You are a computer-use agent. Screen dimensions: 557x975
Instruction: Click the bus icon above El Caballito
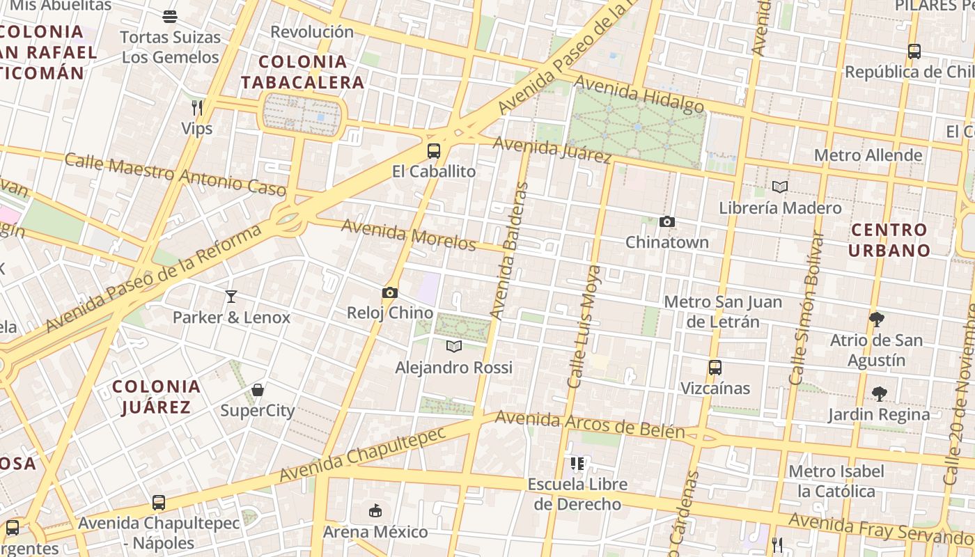tap(434, 150)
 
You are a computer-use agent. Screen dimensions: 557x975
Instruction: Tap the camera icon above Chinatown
tap(667, 222)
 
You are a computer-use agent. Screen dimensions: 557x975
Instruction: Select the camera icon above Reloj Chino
tap(389, 293)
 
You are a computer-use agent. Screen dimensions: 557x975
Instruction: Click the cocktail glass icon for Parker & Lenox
tap(231, 297)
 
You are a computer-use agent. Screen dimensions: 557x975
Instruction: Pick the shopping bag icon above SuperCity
tap(258, 390)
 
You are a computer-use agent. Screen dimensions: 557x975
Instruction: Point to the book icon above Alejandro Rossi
tap(454, 346)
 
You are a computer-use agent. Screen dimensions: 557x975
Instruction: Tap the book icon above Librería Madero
tap(780, 187)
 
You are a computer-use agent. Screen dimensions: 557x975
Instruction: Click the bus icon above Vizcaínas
tap(715, 368)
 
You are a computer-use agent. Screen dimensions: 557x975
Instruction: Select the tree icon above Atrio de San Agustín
tap(877, 320)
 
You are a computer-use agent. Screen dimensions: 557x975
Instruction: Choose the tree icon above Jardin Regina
tap(880, 393)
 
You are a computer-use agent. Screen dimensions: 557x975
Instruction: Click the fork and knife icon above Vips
tap(197, 107)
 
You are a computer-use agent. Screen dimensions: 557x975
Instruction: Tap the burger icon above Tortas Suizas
tap(171, 16)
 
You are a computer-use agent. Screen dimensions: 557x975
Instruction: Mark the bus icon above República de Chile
tap(914, 51)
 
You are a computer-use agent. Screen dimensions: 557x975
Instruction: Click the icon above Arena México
tap(375, 511)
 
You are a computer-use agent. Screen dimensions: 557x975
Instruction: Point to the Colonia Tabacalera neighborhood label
tap(303, 72)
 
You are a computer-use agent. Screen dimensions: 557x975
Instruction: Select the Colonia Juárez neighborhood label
tap(156, 396)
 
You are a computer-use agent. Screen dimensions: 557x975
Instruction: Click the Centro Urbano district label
tap(889, 240)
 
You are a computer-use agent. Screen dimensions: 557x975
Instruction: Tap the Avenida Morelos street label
tap(409, 235)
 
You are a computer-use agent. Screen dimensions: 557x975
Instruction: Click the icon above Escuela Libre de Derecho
tap(577, 464)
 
